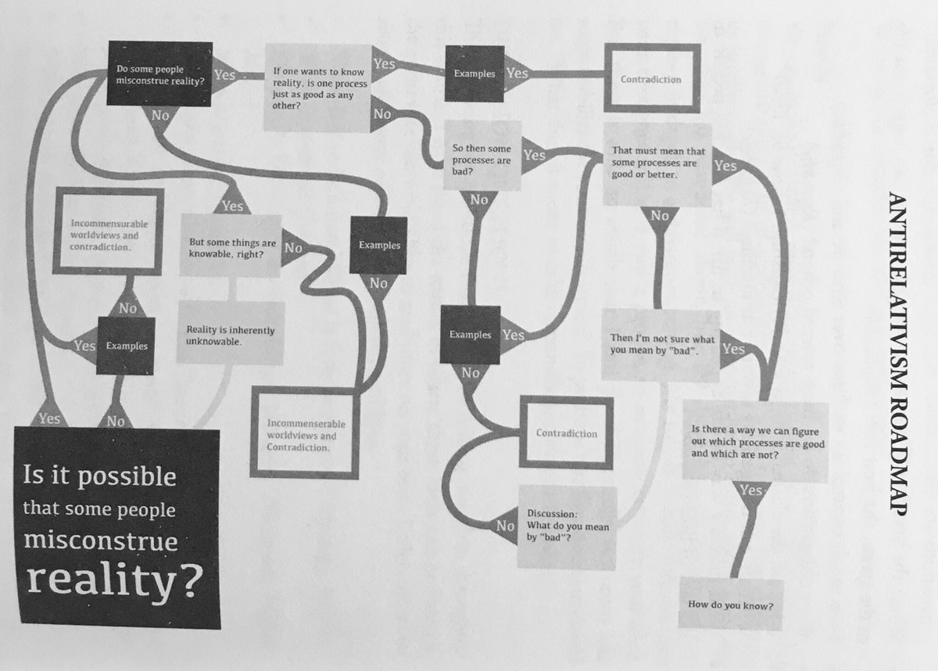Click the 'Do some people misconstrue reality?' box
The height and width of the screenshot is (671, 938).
coord(160,75)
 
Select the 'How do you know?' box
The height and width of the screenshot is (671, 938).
coord(730,604)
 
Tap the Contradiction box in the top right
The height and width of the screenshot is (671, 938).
coord(650,80)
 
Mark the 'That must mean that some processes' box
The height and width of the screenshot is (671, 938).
coord(657,164)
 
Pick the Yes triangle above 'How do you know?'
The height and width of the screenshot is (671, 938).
coord(751,493)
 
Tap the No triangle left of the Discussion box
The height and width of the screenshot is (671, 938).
coord(507,526)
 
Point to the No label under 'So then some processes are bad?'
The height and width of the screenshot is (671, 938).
coord(478,200)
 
